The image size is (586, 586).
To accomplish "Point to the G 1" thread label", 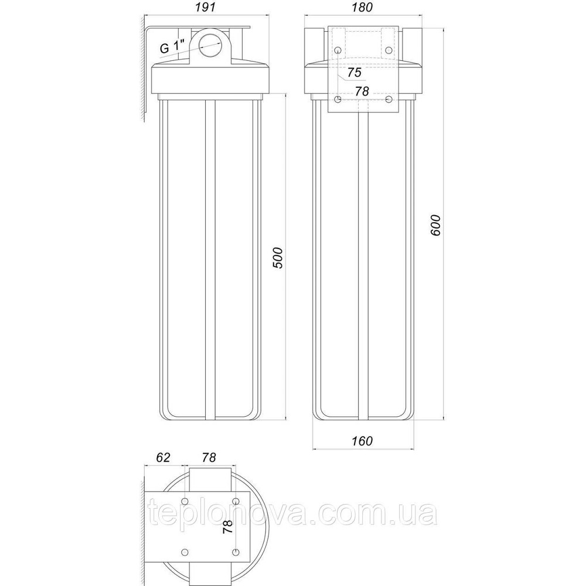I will coord(173,48).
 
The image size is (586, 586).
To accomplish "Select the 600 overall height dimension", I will coord(435,223).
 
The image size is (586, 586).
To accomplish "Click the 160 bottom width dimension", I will coord(363,441).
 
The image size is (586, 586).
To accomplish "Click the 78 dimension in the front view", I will coord(363,91).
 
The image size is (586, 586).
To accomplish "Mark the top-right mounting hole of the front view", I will coord(389,51).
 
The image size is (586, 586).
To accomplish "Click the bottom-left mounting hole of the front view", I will coord(338,100).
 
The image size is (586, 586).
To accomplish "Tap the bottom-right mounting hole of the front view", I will coord(389,100).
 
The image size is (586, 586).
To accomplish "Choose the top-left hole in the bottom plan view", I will coord(185,501).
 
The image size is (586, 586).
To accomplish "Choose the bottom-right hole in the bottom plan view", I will coord(236,551).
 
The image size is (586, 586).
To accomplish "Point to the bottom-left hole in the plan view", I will coord(185,551).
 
